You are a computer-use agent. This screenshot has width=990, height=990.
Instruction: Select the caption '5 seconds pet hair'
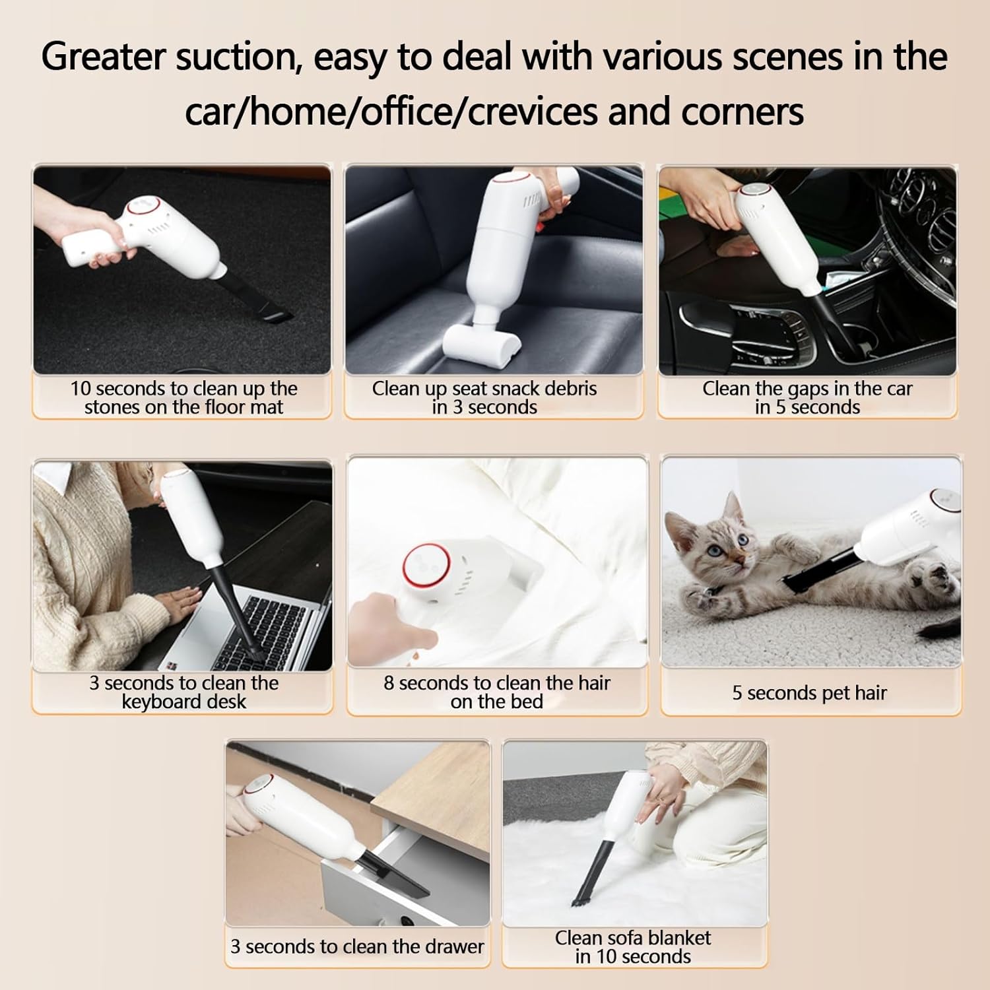pyautogui.click(x=809, y=693)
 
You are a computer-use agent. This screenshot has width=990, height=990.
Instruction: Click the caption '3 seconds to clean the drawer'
pyautogui.click(x=357, y=947)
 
